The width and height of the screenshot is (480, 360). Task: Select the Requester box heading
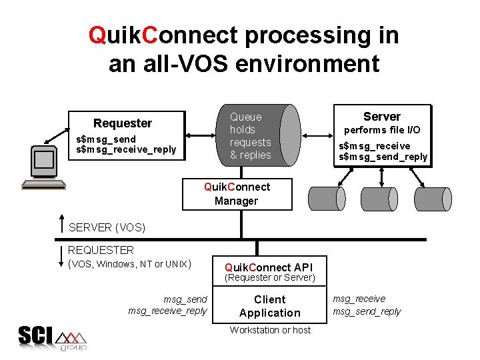pyautogui.click(x=123, y=123)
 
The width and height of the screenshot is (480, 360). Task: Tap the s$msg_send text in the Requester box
pyautogui.click(x=106, y=139)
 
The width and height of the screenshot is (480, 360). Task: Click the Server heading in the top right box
pyautogui.click(x=381, y=117)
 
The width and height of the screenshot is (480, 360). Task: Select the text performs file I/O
pyautogui.click(x=381, y=130)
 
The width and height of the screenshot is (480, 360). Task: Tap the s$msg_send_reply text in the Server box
pyautogui.click(x=383, y=157)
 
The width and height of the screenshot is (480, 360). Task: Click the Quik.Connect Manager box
pyautogui.click(x=237, y=194)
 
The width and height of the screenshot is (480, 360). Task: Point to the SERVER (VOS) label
pyautogui.click(x=107, y=227)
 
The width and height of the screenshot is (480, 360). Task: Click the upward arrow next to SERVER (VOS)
pyautogui.click(x=61, y=225)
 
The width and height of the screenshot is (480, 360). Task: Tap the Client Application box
pyautogui.click(x=269, y=307)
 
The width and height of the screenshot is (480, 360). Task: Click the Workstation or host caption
pyautogui.click(x=270, y=330)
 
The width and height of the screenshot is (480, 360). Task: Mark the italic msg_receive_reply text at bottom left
pyautogui.click(x=167, y=311)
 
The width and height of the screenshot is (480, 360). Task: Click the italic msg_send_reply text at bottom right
pyautogui.click(x=367, y=311)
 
